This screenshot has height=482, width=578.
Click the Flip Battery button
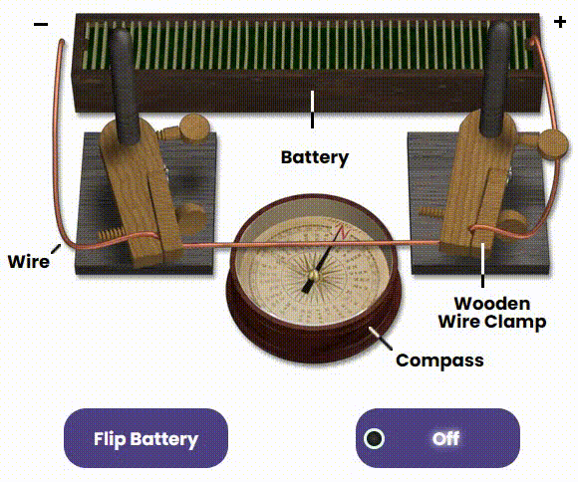[145, 438]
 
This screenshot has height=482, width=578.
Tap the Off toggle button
[437, 438]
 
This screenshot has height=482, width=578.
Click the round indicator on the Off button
[374, 438]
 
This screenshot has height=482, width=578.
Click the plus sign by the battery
[560, 22]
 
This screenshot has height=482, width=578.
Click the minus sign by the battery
[41, 24]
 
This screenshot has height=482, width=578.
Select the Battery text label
[315, 157]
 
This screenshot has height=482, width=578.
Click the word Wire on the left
[29, 261]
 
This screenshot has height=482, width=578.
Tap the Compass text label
[439, 361]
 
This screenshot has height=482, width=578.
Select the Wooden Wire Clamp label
[492, 313]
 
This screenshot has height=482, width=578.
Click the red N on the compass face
[343, 232]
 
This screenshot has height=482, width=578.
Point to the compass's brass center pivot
[314, 275]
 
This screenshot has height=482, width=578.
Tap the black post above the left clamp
[125, 86]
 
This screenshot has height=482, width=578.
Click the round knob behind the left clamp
[194, 128]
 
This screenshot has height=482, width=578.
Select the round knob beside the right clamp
[553, 144]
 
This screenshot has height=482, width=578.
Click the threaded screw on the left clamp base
[112, 233]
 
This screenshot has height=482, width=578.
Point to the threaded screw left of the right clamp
[433, 211]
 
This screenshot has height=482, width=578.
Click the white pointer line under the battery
[313, 110]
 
